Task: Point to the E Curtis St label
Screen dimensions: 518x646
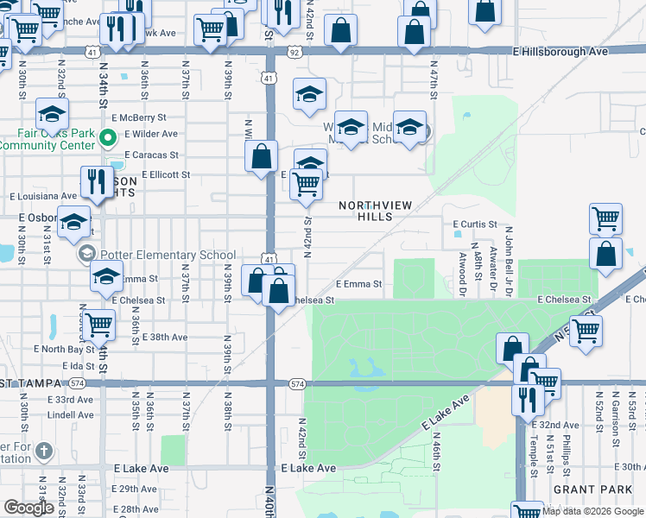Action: [476, 224]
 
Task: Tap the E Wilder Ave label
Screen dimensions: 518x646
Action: [151, 134]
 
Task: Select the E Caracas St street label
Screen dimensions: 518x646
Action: [151, 155]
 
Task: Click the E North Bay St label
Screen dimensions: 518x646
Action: [64, 350]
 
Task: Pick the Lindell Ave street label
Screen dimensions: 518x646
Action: [71, 415]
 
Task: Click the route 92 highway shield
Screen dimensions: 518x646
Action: [295, 52]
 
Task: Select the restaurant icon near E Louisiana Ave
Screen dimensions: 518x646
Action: [95, 182]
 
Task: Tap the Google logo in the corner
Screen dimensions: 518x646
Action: [28, 509]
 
